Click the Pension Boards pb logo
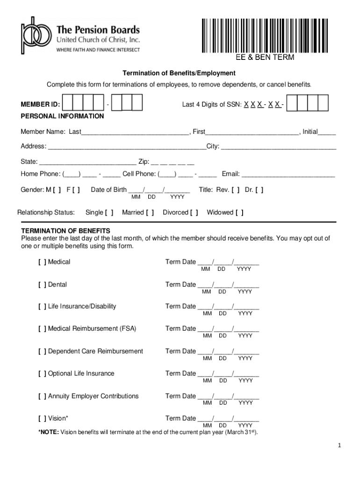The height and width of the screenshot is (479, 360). click(x=34, y=36)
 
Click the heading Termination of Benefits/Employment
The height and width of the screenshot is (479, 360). click(x=179, y=73)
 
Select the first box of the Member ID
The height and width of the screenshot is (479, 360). click(x=68, y=103)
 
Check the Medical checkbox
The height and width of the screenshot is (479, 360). click(x=42, y=262)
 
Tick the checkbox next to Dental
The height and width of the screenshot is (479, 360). click(x=42, y=284)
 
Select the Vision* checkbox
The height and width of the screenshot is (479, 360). click(x=42, y=418)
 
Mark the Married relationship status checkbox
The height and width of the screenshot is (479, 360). click(x=150, y=213)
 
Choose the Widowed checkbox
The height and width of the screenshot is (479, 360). click(x=239, y=213)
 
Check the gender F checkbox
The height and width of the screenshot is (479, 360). click(x=76, y=190)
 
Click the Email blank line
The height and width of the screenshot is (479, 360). click(x=288, y=175)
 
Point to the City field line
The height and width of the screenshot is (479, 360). click(x=278, y=147)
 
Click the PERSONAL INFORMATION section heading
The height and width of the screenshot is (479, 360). click(x=62, y=116)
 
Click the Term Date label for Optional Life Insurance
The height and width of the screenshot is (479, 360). click(x=180, y=373)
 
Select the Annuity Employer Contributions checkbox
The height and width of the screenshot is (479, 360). click(x=42, y=396)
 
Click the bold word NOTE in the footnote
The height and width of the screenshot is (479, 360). click(x=49, y=432)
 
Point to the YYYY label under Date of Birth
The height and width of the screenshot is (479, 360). click(x=177, y=197)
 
